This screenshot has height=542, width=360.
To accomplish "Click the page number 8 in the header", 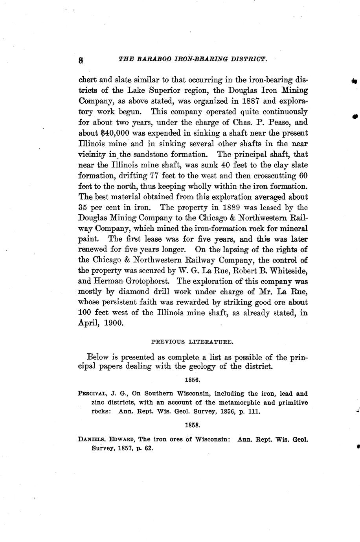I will (x=81, y=60).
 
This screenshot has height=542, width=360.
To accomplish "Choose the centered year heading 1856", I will (x=193, y=380).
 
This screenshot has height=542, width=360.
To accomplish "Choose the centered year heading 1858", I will (x=193, y=425).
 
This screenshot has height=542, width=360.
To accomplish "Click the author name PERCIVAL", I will (x=93, y=393).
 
